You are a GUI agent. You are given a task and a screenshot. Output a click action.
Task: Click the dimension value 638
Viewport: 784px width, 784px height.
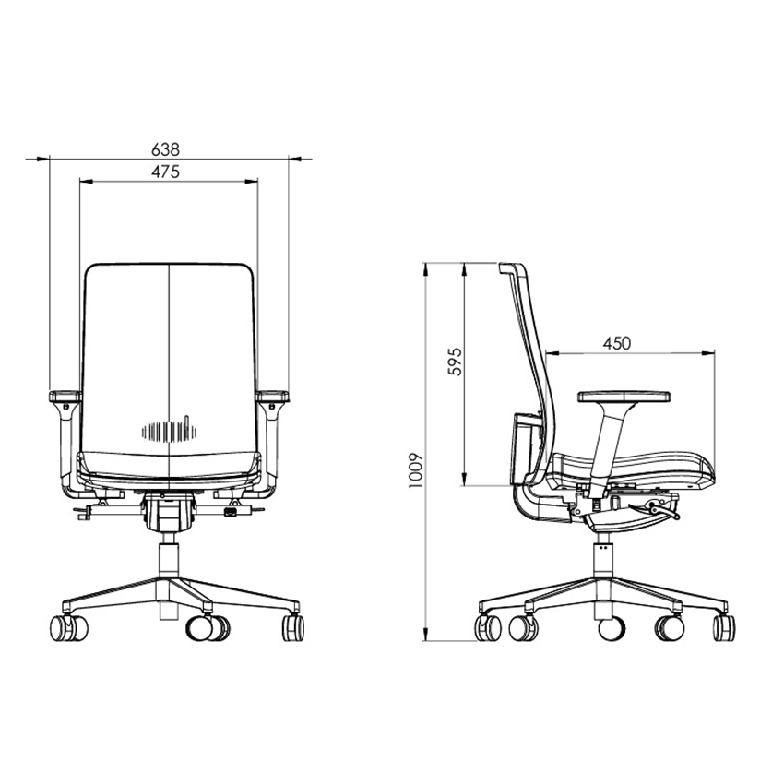pos(165,149)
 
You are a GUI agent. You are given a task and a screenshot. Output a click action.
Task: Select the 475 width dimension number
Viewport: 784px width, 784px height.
pos(165,172)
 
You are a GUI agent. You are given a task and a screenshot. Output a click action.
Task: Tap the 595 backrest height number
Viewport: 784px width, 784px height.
pos(455,361)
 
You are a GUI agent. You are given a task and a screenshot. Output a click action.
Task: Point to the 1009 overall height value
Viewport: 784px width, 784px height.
pos(416,470)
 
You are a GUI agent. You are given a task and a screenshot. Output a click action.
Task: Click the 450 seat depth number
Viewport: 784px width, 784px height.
pos(616,343)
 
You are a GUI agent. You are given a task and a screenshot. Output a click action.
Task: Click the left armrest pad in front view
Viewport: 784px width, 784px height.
pos(65,397)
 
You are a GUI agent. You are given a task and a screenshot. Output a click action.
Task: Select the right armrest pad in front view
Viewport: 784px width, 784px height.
pos(272,397)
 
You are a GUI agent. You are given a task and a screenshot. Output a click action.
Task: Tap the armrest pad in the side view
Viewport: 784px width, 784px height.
pos(624,397)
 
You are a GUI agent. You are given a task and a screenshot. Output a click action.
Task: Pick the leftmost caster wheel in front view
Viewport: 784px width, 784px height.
pos(68,628)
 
